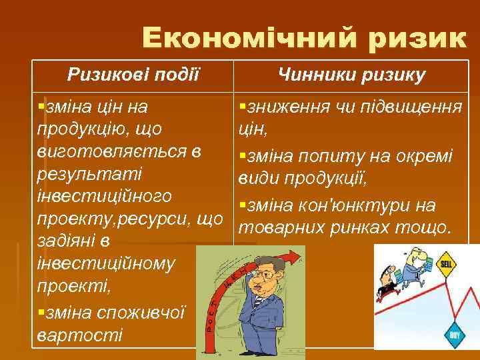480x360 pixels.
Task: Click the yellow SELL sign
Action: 445,264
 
